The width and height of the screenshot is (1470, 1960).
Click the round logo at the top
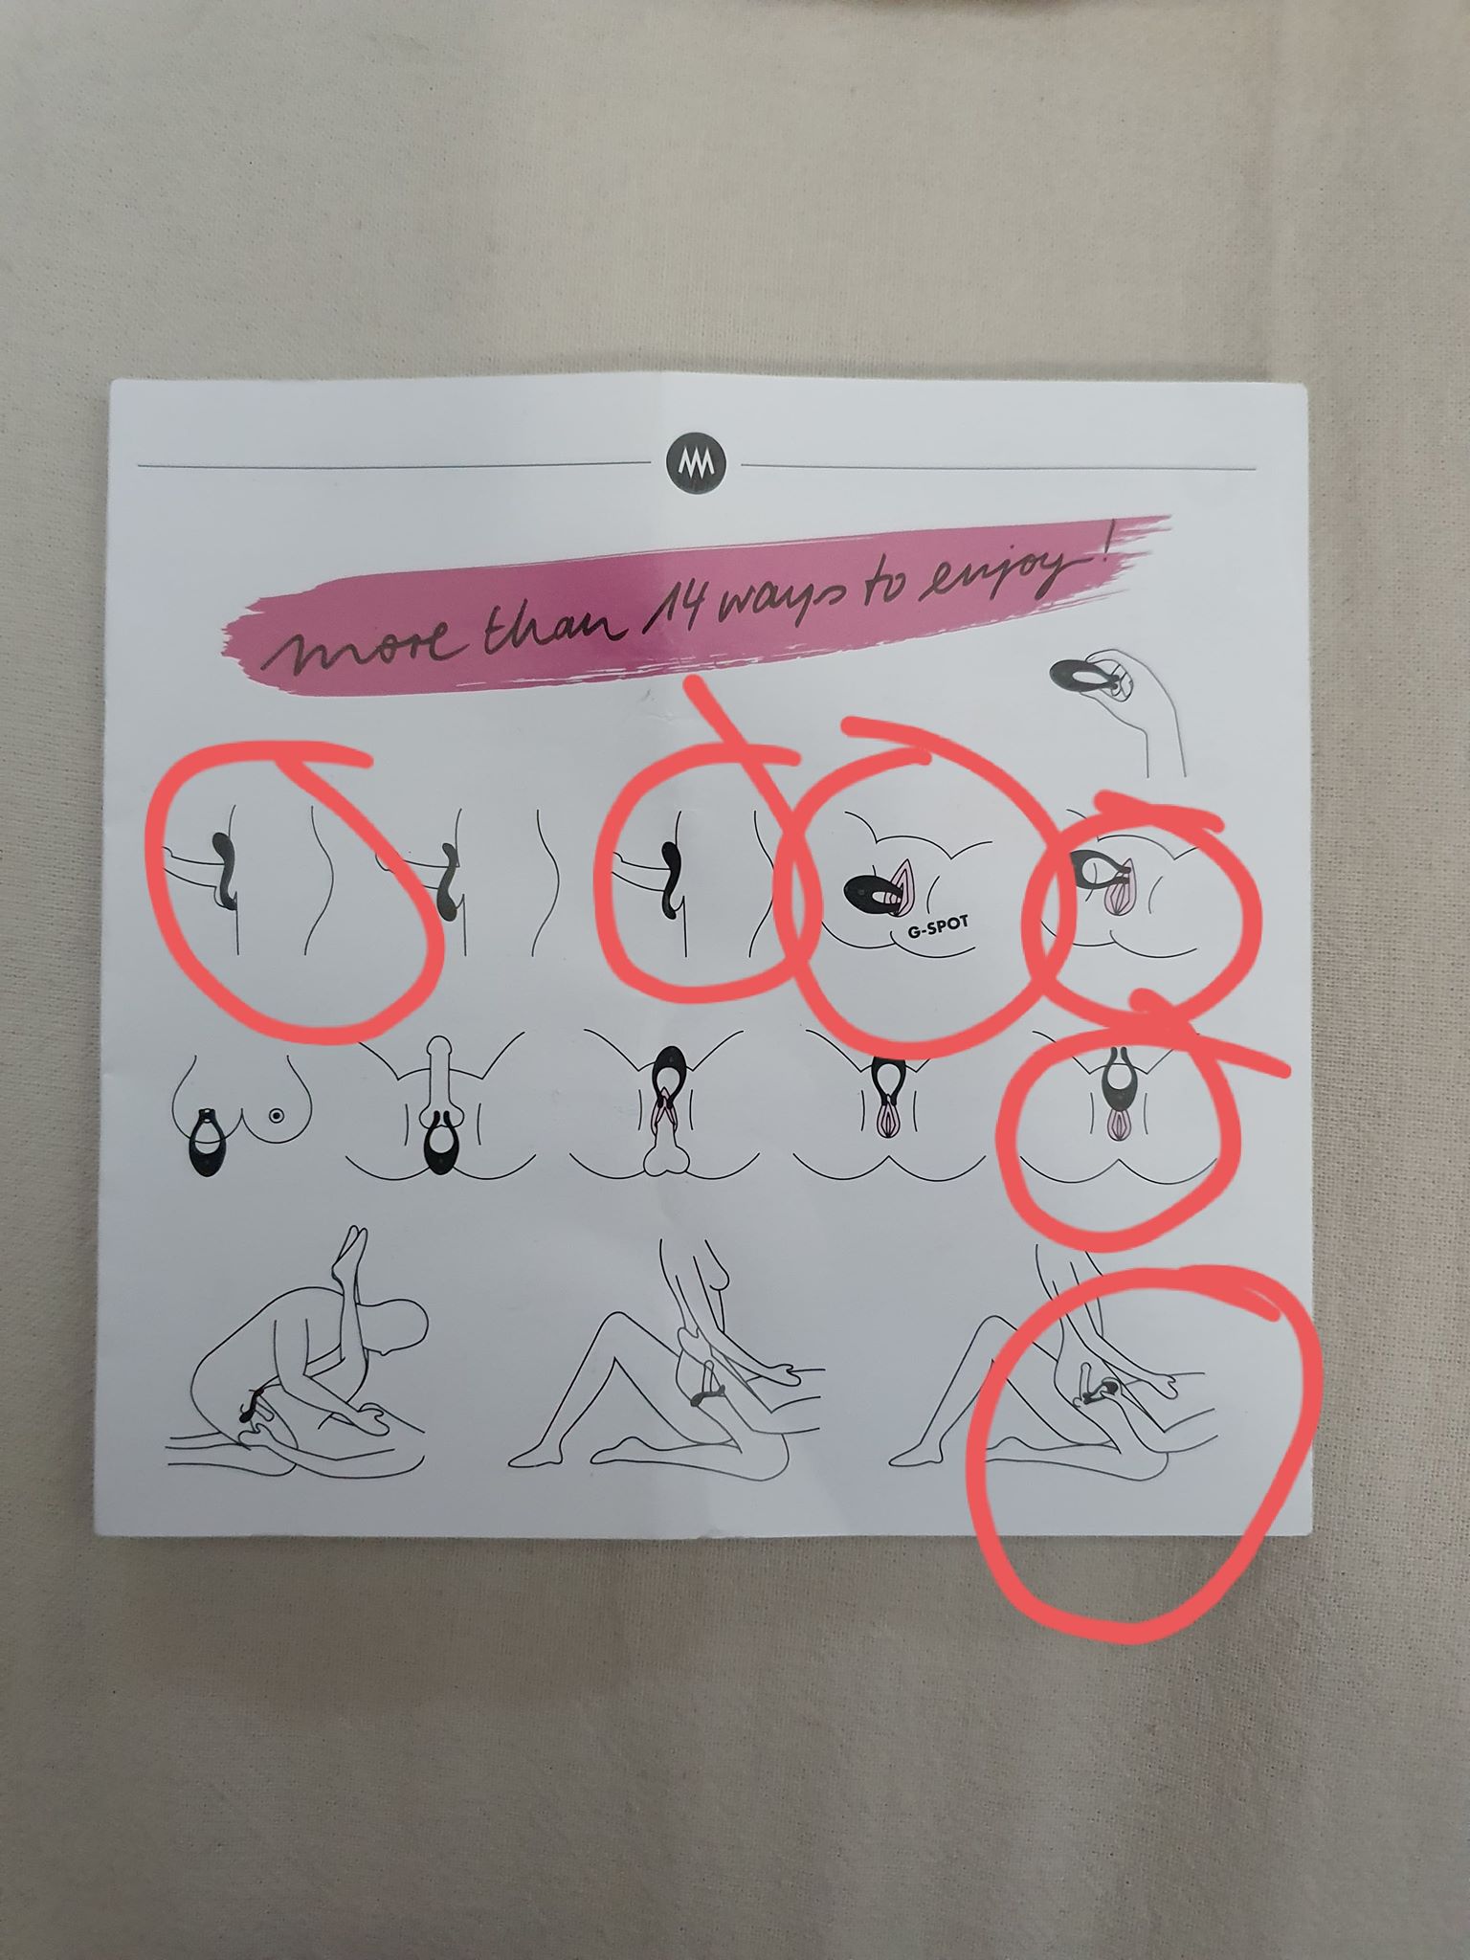pos(695,464)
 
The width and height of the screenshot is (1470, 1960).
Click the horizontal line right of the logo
pos(997,467)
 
